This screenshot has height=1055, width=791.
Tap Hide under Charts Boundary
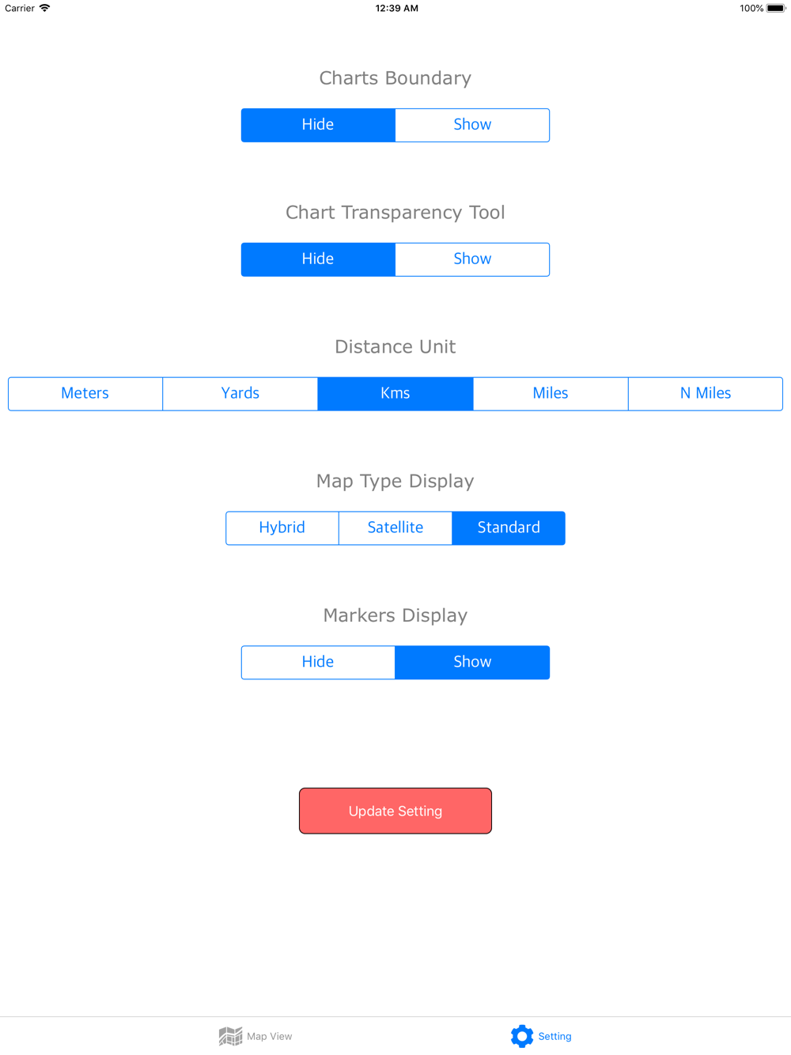coord(318,125)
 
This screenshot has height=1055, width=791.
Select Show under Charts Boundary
coord(472,125)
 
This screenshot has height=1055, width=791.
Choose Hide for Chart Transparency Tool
coord(318,259)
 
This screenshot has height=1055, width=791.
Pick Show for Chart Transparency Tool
coord(472,259)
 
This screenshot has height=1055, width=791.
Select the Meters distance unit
coord(85,394)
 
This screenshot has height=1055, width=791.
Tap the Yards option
coord(240,394)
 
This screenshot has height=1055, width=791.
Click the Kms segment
coord(395,394)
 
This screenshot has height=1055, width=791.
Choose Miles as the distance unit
coord(551,394)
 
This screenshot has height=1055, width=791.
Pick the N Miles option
coord(706,394)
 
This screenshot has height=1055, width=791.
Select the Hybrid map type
coord(282,527)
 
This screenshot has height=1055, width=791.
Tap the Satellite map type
coord(395,527)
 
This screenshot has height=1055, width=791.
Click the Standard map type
coord(509,527)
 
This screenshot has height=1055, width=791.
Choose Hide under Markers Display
coord(318,662)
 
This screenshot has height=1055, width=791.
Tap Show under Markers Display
coord(472,662)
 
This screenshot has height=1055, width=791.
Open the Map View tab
coord(255,1036)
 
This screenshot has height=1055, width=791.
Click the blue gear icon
coord(522,1036)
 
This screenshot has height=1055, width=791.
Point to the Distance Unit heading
coord(395,346)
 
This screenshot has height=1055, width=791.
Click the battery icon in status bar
coord(776,8)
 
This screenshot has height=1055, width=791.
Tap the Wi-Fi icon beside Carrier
coord(45,8)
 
